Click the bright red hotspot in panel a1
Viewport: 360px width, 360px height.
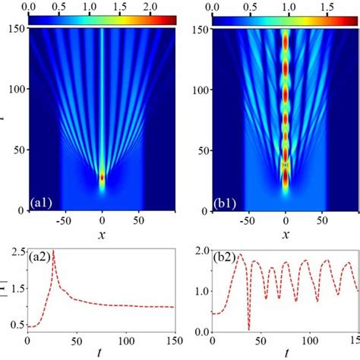point(103,178)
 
